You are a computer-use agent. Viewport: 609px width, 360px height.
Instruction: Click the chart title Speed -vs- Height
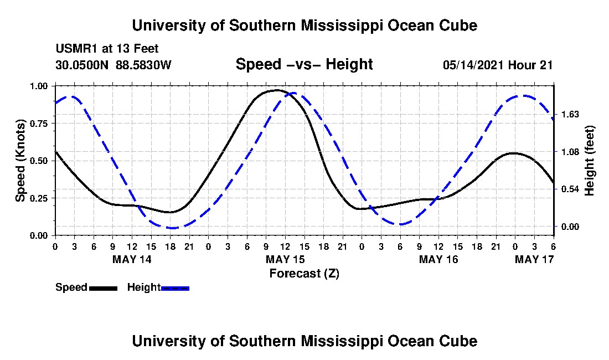tap(304, 65)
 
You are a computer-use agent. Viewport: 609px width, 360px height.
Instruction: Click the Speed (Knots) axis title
tap(20, 161)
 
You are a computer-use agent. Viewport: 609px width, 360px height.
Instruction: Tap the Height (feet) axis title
tap(589, 161)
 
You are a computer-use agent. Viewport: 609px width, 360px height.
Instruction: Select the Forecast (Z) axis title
tap(304, 273)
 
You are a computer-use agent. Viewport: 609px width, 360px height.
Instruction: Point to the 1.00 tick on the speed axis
tap(40, 86)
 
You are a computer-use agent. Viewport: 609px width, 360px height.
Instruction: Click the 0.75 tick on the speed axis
tap(40, 124)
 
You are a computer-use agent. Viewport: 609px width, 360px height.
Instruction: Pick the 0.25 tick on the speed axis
tap(40, 198)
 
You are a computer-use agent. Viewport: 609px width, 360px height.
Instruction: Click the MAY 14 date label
tap(132, 259)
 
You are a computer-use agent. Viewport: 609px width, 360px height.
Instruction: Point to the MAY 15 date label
tap(286, 259)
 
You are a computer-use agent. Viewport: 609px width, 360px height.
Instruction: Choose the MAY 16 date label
tap(439, 259)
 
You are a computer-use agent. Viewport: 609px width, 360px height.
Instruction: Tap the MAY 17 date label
tap(534, 259)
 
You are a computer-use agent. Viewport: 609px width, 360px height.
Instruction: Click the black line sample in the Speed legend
tap(103, 288)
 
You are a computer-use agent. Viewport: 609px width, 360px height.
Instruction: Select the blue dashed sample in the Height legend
tap(175, 288)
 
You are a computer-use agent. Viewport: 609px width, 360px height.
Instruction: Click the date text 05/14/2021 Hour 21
tap(498, 65)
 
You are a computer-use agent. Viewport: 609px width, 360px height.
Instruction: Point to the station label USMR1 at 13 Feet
tap(107, 49)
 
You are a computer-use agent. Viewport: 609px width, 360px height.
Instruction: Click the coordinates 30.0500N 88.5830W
tap(113, 65)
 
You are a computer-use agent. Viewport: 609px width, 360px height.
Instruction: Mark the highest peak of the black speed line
tap(276, 90)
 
